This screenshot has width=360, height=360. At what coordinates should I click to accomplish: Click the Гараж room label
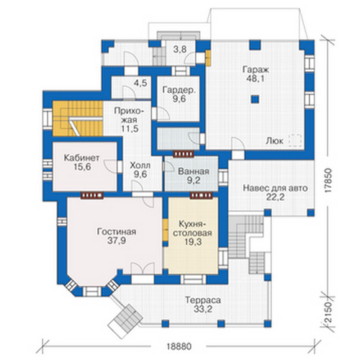256,70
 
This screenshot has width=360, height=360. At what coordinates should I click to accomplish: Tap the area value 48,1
256,78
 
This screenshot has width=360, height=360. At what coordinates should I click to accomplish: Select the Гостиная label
117,232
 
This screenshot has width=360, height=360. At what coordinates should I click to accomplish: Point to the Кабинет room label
81,158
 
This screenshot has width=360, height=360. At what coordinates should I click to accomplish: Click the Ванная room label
194,171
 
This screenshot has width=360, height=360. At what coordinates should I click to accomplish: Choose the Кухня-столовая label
192,228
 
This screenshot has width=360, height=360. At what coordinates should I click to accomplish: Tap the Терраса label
203,300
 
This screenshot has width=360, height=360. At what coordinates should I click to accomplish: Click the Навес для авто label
275,189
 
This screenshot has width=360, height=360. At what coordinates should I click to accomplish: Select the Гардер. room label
179,90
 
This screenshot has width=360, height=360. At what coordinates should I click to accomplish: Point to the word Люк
274,141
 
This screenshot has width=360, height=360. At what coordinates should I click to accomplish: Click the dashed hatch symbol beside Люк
295,140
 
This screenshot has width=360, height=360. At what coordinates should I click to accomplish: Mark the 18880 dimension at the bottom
179,346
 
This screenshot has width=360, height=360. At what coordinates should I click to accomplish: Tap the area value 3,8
180,50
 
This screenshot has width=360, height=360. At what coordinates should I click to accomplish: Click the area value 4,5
140,83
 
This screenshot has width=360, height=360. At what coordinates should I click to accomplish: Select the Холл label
140,166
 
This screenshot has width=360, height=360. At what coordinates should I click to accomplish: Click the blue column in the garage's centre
255,99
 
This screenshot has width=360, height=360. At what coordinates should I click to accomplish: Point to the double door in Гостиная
143,269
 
